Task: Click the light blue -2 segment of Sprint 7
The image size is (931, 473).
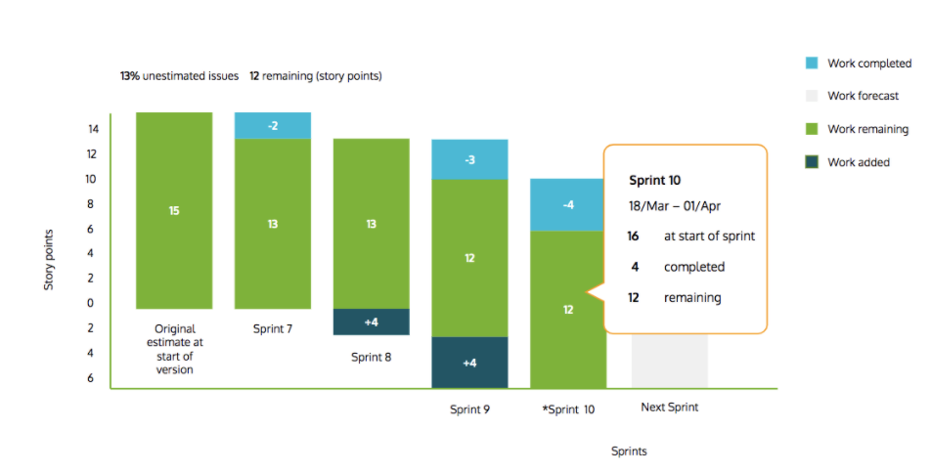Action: click(272, 126)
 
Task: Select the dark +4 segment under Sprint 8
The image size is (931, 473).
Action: click(371, 322)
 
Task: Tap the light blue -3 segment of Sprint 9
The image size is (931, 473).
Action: click(469, 159)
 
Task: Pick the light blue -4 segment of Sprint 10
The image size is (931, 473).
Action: click(568, 204)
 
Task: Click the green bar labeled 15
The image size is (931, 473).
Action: click(173, 210)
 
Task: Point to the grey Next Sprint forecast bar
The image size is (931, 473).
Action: click(669, 361)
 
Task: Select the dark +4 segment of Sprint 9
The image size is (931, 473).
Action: click(469, 363)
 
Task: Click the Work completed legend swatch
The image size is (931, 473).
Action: click(811, 64)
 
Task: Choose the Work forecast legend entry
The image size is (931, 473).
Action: click(863, 97)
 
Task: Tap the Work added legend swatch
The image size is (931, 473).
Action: click(811, 162)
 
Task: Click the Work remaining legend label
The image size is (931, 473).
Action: click(867, 129)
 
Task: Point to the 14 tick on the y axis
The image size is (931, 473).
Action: click(91, 129)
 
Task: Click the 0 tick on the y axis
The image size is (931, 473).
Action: click(91, 303)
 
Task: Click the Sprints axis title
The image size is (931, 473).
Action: click(629, 451)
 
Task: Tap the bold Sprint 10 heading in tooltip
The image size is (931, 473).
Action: click(654, 181)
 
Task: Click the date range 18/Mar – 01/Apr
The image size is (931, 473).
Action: click(675, 207)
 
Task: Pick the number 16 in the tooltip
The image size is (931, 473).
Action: click(634, 236)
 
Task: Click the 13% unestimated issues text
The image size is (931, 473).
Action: click(179, 76)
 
